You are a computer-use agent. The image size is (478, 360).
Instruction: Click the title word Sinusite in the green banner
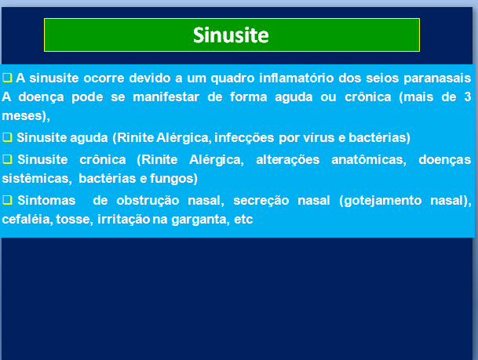point(231,35)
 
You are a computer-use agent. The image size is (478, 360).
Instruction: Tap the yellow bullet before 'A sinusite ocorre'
point(7,78)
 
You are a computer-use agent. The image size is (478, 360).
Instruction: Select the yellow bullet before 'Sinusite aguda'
point(7,137)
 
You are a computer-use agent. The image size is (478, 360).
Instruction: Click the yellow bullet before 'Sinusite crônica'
point(7,159)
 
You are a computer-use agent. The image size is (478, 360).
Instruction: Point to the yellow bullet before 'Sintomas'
point(7,200)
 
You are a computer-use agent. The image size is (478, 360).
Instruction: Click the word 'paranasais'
point(437,78)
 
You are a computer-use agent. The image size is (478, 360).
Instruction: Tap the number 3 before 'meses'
point(468,96)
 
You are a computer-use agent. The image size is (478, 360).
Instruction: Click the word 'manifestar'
point(166,97)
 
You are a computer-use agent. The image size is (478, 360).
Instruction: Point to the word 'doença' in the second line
point(41,97)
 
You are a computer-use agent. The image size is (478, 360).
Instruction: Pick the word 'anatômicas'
point(369,159)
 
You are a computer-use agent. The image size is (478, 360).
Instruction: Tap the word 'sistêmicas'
point(37,179)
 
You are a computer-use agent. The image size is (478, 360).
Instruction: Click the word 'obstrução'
point(148,201)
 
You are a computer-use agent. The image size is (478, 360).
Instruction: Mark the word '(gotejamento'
point(381,201)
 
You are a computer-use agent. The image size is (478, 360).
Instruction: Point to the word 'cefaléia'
point(27,220)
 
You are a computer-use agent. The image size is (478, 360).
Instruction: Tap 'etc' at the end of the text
point(243,220)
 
